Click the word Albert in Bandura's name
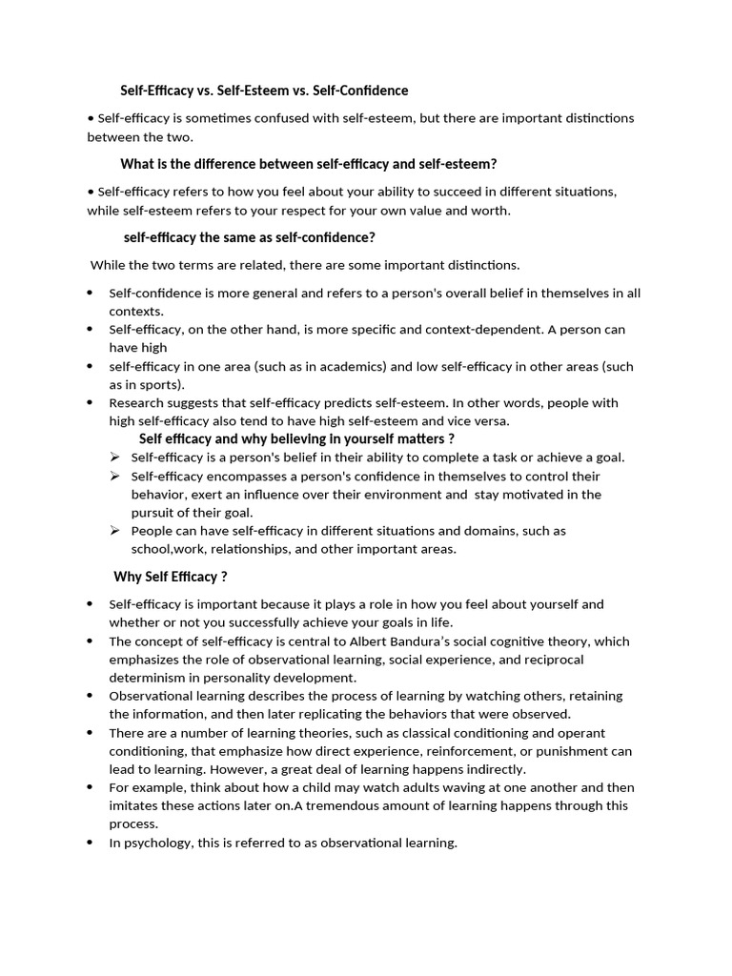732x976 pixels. (x=426, y=641)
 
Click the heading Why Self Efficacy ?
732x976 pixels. (x=171, y=577)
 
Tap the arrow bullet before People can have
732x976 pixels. (x=115, y=530)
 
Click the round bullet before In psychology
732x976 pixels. (x=90, y=843)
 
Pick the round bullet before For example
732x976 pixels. (x=90, y=787)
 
